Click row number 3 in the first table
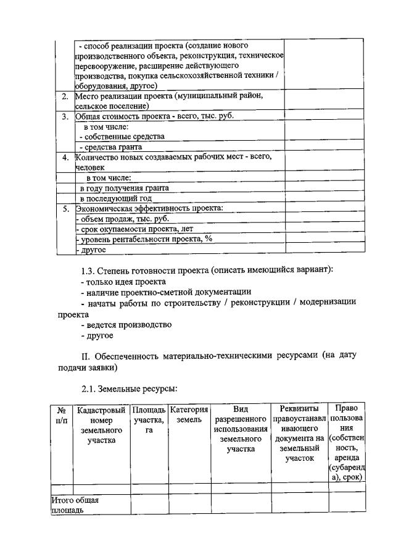pos(65,116)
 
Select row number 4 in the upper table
pos(65,157)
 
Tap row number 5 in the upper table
pos(65,209)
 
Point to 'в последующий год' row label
pos(116,198)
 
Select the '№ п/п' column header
pos(61,414)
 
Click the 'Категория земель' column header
pos(189,414)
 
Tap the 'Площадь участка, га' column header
pos(149,419)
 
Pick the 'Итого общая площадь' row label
pos(75,505)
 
